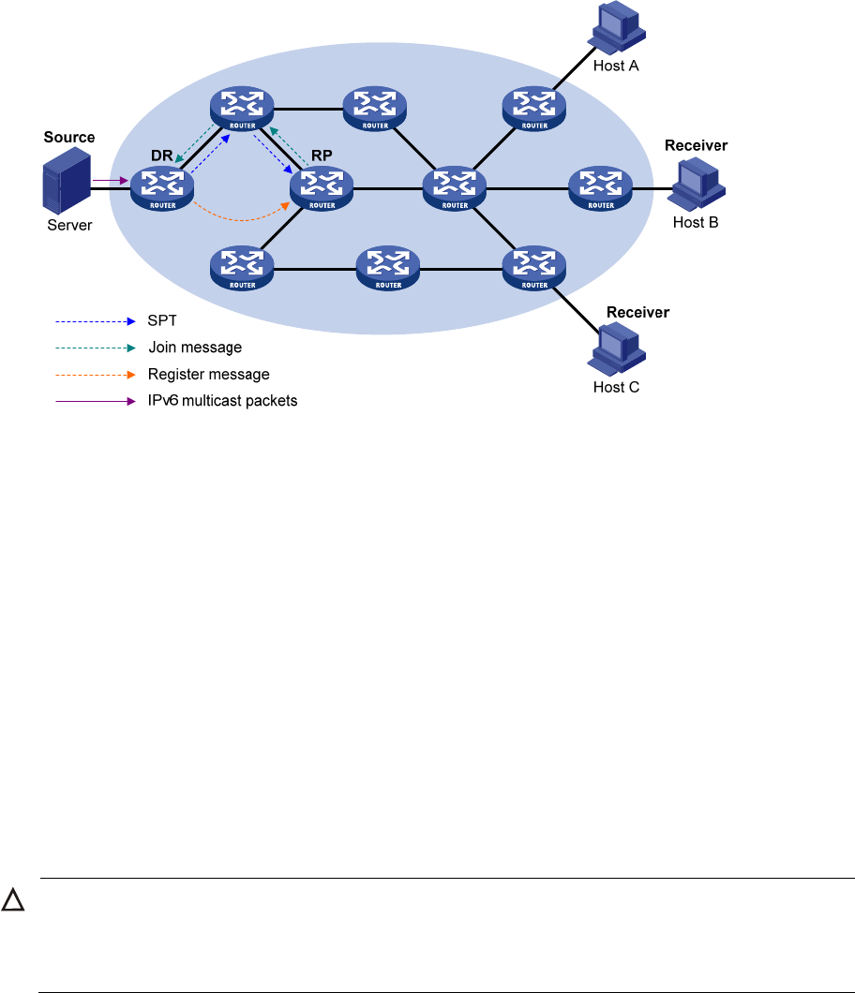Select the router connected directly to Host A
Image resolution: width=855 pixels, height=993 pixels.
point(534,109)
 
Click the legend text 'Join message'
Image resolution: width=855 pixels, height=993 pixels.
point(195,348)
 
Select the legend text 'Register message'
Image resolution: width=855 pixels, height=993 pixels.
point(209,375)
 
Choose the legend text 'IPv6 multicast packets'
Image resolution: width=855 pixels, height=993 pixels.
point(222,401)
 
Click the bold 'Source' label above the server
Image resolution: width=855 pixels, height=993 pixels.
point(69,138)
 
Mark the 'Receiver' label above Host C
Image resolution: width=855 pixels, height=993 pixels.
point(638,312)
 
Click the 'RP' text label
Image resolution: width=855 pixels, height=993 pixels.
point(322,155)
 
